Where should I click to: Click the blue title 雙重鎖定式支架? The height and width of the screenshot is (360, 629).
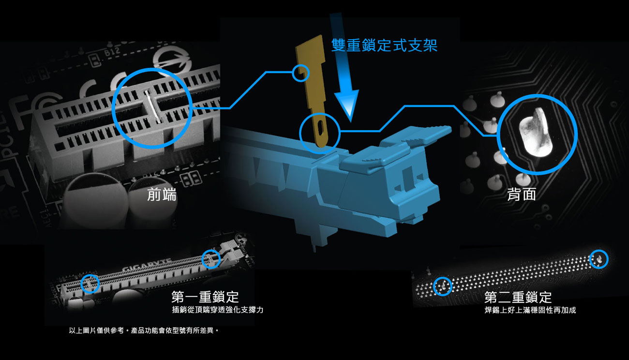(384, 45)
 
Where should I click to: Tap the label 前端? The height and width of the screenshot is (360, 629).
(162, 195)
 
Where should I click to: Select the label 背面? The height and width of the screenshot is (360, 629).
(522, 194)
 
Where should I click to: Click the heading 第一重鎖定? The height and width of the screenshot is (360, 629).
(205, 297)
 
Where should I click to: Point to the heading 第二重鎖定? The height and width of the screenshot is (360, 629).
(518, 297)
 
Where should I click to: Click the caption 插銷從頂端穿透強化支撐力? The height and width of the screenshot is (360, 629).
(218, 310)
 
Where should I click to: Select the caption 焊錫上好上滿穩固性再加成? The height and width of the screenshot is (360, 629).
(530, 310)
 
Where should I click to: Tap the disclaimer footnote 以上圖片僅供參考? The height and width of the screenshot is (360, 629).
(96, 330)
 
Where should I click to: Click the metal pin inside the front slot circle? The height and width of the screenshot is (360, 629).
(152, 107)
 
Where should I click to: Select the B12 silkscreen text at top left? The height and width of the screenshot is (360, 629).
(112, 52)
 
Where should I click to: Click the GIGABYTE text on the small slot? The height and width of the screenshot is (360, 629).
(146, 265)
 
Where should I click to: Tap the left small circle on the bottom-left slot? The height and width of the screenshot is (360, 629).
(90, 284)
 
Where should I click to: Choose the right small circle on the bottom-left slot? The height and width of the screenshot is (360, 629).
(211, 259)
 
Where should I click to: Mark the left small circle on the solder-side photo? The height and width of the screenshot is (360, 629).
(443, 286)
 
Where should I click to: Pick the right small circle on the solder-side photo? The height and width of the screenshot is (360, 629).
(599, 259)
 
